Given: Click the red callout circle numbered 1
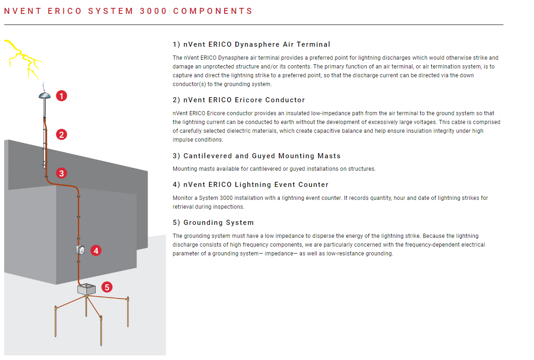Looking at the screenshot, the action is pos(61,96).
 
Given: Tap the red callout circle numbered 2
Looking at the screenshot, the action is pos(61,135).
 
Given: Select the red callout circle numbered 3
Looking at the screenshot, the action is pos(61,173).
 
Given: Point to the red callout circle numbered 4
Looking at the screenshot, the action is pos(96,251).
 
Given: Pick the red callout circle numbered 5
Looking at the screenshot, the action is pos(107,287).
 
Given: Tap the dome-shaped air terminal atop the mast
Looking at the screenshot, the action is pos(44,95).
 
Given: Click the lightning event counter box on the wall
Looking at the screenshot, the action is pos(80,250).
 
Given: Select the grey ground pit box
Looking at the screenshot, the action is pos(86,289).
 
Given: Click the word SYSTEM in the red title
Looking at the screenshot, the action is pos(110,11).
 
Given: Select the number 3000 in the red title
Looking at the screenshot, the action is pos(153,11).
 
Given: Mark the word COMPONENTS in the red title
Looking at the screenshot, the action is pos(213,11).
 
